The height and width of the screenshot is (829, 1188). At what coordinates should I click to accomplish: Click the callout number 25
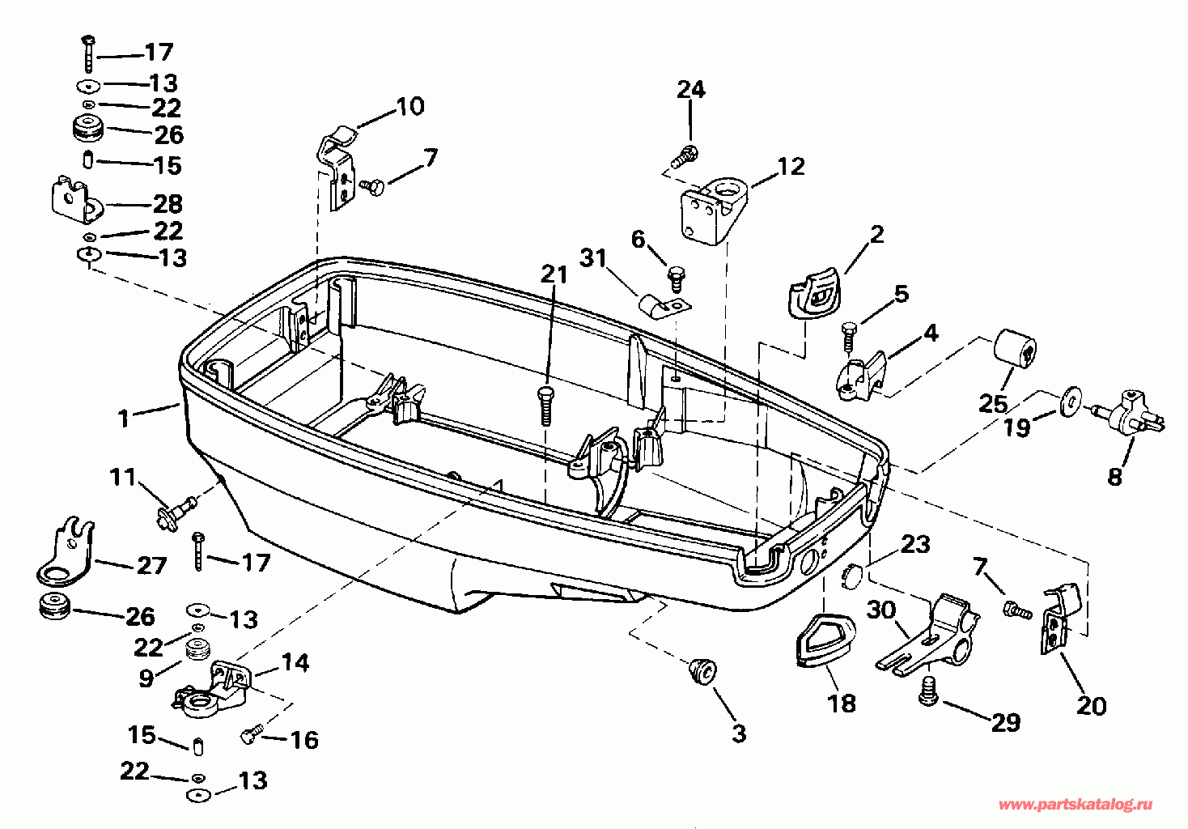click(x=993, y=402)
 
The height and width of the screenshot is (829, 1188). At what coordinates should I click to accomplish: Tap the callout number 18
click(x=842, y=703)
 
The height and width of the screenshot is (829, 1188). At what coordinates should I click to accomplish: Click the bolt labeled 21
click(x=545, y=404)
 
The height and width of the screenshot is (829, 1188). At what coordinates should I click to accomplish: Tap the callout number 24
click(x=690, y=89)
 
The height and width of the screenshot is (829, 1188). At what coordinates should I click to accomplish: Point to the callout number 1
click(x=124, y=418)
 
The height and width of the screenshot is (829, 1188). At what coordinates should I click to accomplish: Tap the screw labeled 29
click(x=932, y=690)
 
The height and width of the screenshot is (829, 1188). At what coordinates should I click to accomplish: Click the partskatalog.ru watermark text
click(x=1076, y=804)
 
